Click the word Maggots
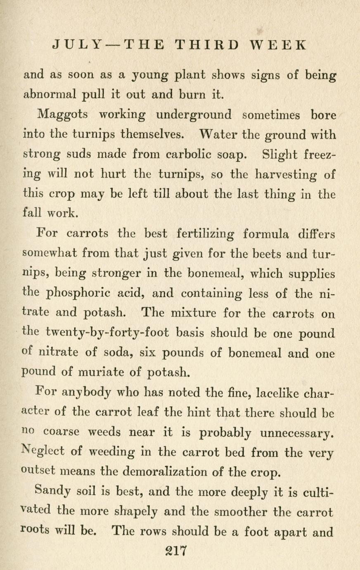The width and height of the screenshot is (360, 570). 62,115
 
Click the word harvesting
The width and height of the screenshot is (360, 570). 286,175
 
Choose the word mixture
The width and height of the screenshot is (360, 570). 190,313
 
